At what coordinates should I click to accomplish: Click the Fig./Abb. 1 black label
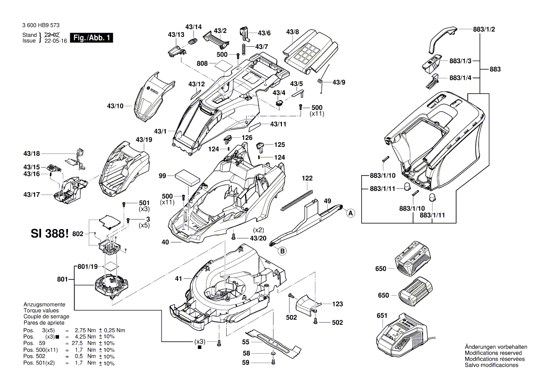coord(91,38)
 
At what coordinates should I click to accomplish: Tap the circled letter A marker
coord(350,213)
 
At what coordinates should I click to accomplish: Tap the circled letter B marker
coord(282,251)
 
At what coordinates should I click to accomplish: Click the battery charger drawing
coord(400,337)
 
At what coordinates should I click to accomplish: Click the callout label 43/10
coord(115,106)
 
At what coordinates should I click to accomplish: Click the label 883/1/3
coord(460,61)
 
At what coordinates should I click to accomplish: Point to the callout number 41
coord(178,279)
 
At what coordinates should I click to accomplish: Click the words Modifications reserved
coord(493,353)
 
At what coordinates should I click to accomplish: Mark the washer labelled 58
coord(274,354)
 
